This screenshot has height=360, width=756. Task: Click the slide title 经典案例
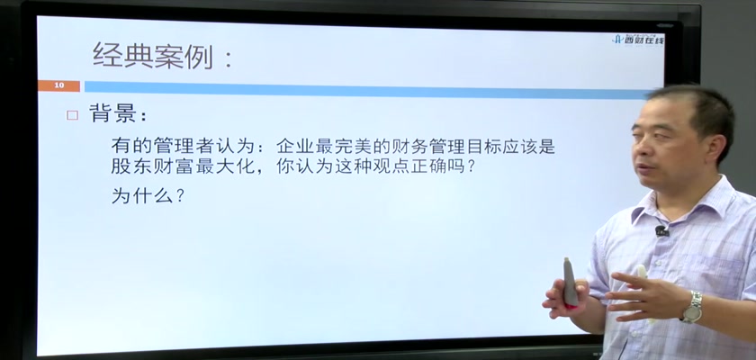coord(152,56)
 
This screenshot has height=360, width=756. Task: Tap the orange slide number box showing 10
coord(58,85)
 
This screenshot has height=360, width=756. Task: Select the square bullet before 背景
coord(72,115)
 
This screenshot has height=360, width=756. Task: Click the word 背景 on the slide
coord(112,114)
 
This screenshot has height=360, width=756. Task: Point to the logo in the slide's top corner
coord(638,40)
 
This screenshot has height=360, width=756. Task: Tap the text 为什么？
coord(148,196)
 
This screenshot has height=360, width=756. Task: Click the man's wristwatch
coord(692,308)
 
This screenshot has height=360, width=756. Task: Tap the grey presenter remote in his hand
coord(570,282)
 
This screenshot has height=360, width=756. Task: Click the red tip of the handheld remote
coord(571,305)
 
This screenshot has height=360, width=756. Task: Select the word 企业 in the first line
coord(294,146)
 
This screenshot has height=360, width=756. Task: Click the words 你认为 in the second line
coord(302,166)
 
